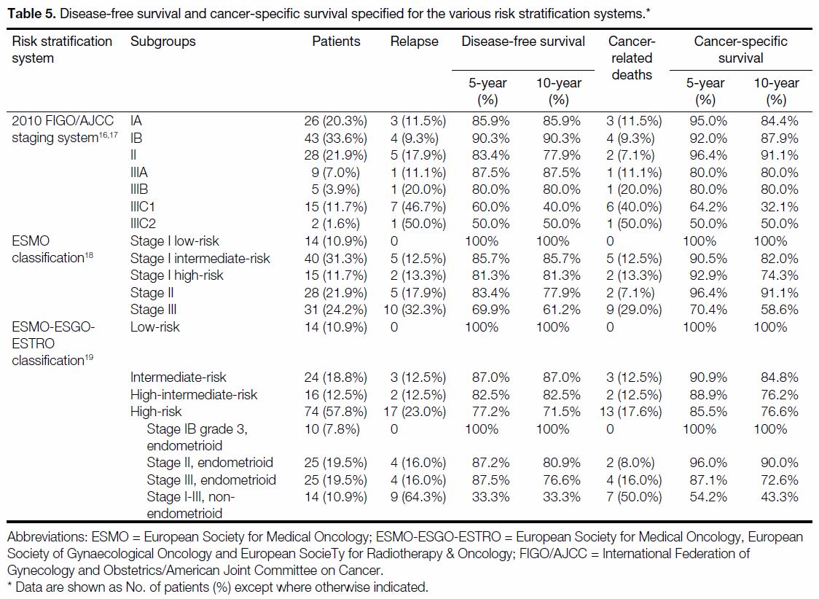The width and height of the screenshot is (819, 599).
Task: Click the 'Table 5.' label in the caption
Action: point(31,14)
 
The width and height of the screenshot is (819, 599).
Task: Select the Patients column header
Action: point(336,42)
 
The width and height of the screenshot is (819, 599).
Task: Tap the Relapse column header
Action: point(414,42)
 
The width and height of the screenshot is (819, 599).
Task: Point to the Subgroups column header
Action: point(163,42)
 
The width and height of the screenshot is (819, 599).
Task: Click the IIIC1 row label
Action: point(143,207)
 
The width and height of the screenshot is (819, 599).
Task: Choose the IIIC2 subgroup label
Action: point(143,224)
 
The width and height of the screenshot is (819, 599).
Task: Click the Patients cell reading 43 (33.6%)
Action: point(336,138)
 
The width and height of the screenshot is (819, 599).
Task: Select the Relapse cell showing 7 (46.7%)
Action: point(418,207)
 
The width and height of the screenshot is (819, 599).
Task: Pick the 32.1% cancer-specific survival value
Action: point(780,207)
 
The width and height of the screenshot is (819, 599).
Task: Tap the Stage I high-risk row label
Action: point(176,275)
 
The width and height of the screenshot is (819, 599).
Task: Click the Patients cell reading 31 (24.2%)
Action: point(336,310)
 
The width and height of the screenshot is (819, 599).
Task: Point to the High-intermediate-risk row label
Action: point(194,395)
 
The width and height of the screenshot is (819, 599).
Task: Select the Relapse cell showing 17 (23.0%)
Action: point(415,412)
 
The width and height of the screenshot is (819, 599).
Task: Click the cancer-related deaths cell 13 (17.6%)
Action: point(630,412)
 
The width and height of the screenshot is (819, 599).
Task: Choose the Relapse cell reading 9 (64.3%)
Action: point(418,497)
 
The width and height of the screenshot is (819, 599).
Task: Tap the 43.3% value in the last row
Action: point(780,497)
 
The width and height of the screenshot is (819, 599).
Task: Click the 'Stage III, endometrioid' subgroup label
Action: point(211,480)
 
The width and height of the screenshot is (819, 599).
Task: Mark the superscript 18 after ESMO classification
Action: point(89,255)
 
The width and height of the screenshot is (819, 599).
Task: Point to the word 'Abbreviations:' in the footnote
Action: point(47,537)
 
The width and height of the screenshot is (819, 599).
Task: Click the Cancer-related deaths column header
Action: point(632,58)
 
